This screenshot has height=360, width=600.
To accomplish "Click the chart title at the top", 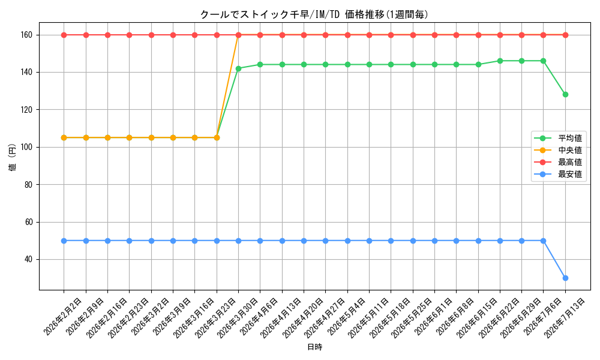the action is click(314, 14).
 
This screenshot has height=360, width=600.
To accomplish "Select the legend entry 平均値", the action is click(558, 138).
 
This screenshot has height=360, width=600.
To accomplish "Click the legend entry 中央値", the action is click(558, 151).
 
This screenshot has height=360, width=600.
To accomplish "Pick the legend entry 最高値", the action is click(558, 162).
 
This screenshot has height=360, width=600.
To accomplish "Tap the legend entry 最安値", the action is click(558, 175).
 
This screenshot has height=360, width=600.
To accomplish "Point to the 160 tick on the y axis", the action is click(29, 35).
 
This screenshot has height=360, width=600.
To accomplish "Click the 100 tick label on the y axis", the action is click(29, 147).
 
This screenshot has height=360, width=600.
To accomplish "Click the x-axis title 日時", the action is click(314, 347).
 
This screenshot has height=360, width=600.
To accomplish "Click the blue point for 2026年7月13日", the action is click(565, 278).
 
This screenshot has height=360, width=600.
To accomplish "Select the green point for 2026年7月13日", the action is click(565, 94).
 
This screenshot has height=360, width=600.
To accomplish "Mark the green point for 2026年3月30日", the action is click(238, 68).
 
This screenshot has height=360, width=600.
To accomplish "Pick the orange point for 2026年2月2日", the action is click(64, 138).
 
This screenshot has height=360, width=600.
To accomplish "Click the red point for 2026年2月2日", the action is click(64, 35).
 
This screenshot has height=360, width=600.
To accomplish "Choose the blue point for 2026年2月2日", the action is click(64, 241).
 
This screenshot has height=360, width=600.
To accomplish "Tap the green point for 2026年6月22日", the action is click(500, 61).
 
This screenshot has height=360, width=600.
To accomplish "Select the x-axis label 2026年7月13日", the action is click(565, 317).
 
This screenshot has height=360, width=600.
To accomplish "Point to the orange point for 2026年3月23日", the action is click(217, 138).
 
